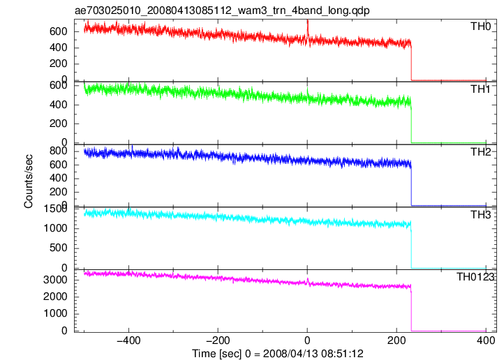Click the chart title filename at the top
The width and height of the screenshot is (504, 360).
pyautogui.click(x=222, y=10)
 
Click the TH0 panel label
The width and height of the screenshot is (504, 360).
pyautogui.click(x=481, y=27)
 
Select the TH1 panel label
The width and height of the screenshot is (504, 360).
pyautogui.click(x=481, y=89)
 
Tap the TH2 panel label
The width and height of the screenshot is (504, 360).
pyautogui.click(x=481, y=151)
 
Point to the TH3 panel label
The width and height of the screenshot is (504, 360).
pyautogui.click(x=481, y=214)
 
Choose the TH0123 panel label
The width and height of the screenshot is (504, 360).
pyautogui.click(x=475, y=276)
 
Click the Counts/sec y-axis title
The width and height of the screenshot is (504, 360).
pyautogui.click(x=29, y=181)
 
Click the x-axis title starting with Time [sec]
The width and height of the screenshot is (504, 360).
pyautogui.click(x=278, y=354)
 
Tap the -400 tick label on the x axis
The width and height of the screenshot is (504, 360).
pyautogui.click(x=128, y=340)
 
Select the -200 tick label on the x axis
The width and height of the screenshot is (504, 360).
pyautogui.click(x=218, y=340)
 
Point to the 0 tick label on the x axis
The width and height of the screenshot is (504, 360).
pyautogui.click(x=307, y=340)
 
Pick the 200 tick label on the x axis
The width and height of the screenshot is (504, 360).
pyautogui.click(x=396, y=340)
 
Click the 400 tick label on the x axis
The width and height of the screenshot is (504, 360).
pyautogui.click(x=486, y=340)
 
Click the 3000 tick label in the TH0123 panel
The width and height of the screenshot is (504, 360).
pyautogui.click(x=55, y=280)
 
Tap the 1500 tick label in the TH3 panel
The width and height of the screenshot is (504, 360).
pyautogui.click(x=55, y=209)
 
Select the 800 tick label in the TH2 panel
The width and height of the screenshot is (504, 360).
pyautogui.click(x=59, y=151)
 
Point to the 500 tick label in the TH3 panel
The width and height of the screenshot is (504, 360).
pyautogui.click(x=59, y=248)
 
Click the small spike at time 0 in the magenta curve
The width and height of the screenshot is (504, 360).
pyautogui.click(x=308, y=281)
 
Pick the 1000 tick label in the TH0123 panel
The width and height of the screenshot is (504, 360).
pyautogui.click(x=55, y=313)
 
